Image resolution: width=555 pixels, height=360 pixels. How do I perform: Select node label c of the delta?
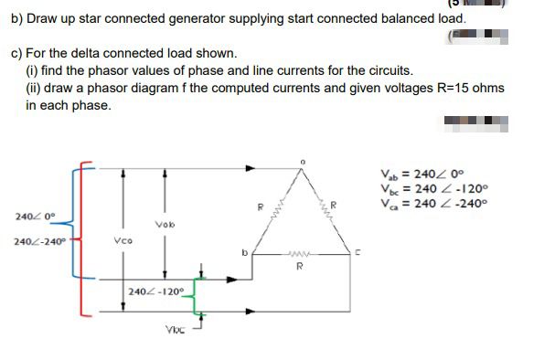[x=358, y=252]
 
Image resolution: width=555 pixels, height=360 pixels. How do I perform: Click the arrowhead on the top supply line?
[x=251, y=168]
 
